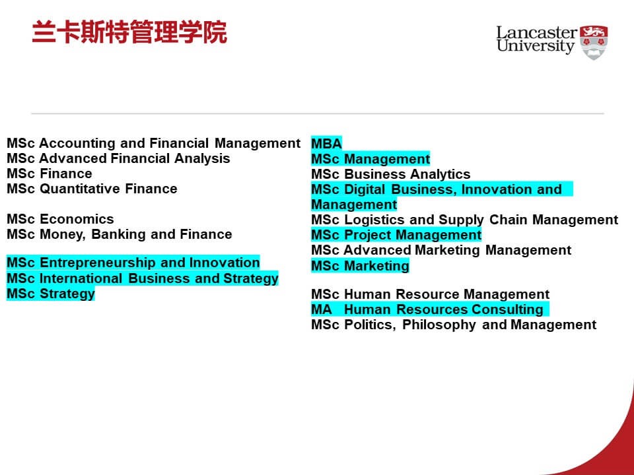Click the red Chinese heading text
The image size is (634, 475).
tap(129, 32)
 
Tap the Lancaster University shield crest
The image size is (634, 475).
tap(594, 42)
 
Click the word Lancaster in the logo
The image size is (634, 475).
tap(536, 33)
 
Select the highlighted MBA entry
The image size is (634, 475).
tap(326, 143)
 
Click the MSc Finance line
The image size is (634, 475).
tap(50, 174)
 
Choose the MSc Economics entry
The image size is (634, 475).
tap(60, 219)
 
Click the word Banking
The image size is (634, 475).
tap(118, 234)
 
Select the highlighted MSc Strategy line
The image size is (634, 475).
tap(51, 294)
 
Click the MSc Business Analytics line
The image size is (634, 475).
tap(390, 174)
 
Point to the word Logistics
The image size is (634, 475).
tap(374, 220)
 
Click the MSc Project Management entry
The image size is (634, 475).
tap(396, 235)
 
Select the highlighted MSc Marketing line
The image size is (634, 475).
tap(360, 266)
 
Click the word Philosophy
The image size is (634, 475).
tap(439, 325)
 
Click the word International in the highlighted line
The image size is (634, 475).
tap(81, 278)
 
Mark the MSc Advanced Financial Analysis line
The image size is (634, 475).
tap(118, 158)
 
